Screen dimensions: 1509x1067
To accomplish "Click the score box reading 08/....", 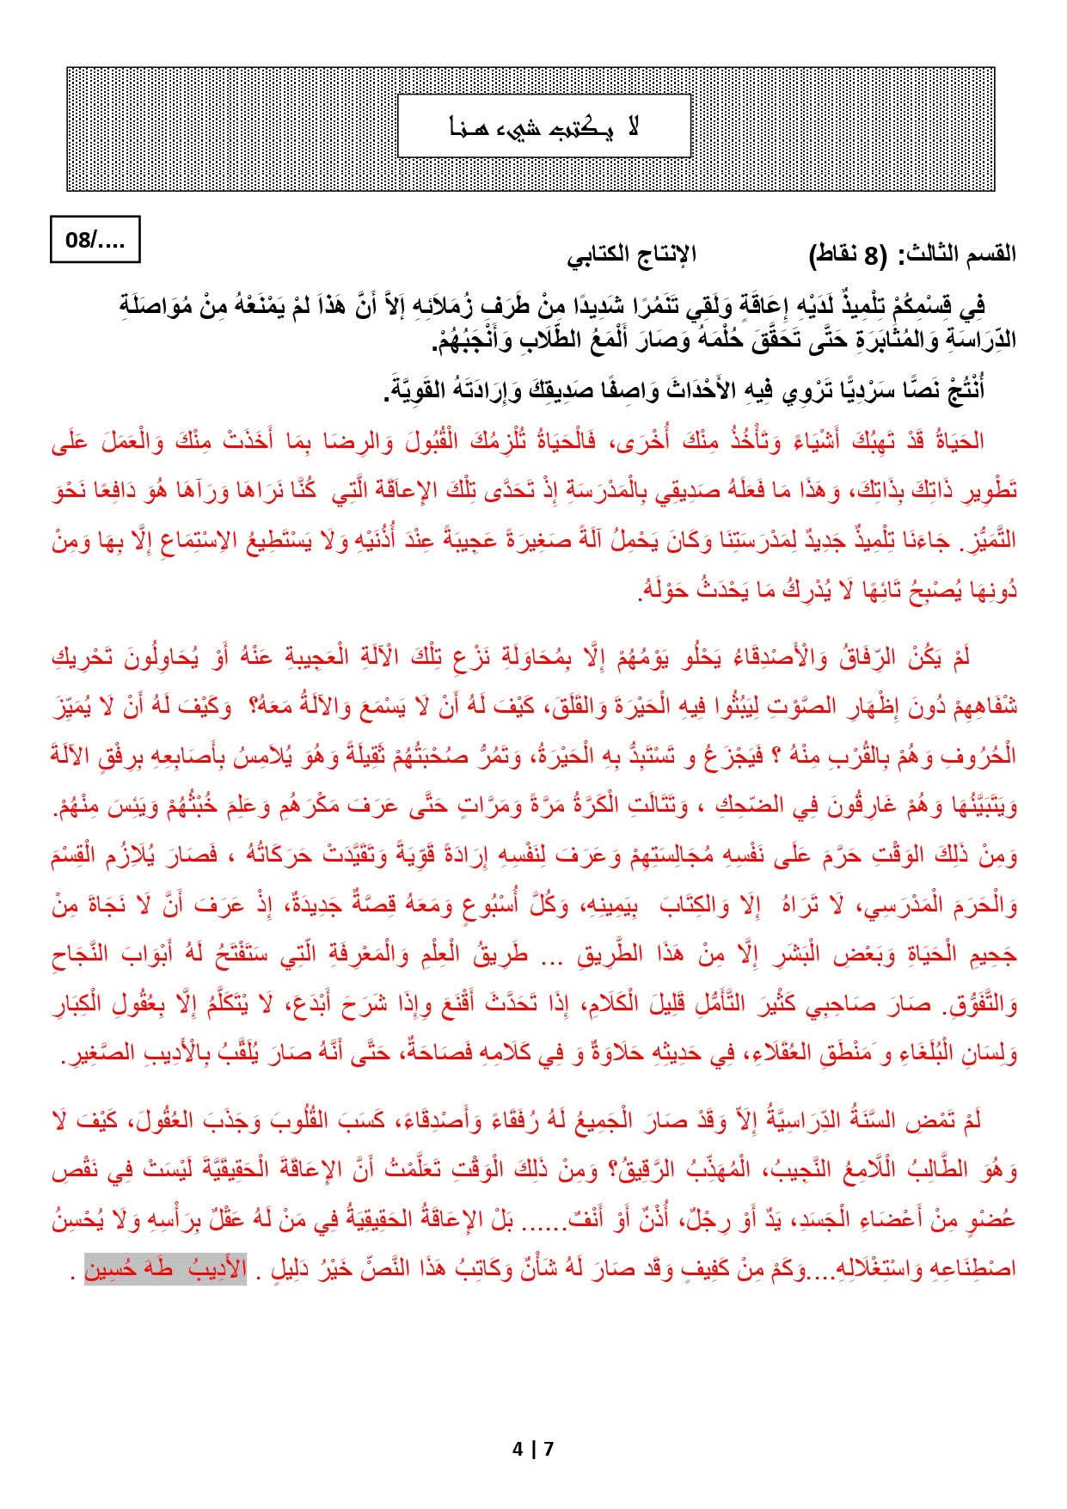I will pyautogui.click(x=95, y=240).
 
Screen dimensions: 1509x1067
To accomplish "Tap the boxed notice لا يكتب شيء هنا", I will pyautogui.click(x=544, y=126).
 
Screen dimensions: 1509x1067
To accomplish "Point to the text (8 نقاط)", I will pyautogui.click(x=846, y=254).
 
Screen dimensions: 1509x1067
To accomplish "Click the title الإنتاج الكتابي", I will pyautogui.click(x=631, y=254).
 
